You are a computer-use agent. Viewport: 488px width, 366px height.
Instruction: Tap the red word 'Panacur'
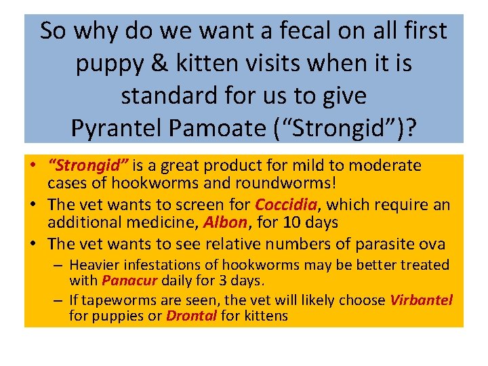(x=130, y=279)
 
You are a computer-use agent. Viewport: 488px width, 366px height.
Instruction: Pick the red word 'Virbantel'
(x=421, y=300)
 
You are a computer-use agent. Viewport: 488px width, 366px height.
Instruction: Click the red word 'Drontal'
(x=192, y=316)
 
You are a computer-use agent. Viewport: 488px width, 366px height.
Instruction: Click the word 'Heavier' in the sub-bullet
(x=93, y=264)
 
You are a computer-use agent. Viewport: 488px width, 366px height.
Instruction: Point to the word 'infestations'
(x=157, y=264)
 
